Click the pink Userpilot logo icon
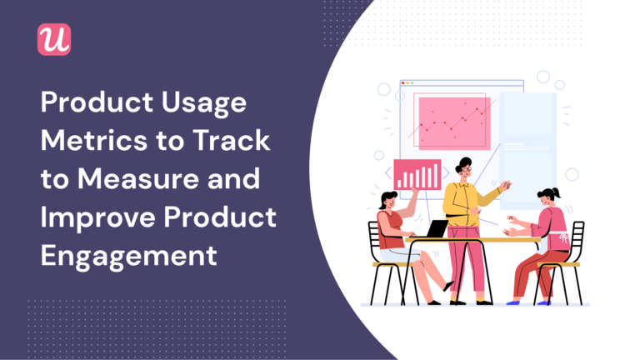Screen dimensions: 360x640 [x=54, y=39]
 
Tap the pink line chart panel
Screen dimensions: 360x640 [x=453, y=123]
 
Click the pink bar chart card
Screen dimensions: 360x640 [x=417, y=174]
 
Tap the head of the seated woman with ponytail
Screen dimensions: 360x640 [x=548, y=197]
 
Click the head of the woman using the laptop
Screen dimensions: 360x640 [x=388, y=200]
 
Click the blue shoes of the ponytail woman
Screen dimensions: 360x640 [x=517, y=301]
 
